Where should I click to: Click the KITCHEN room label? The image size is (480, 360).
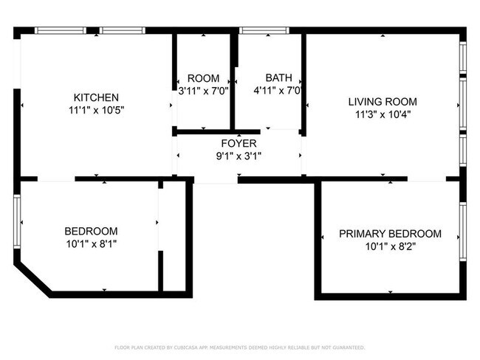[96, 97]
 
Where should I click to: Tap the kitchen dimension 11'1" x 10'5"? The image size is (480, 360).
[96, 110]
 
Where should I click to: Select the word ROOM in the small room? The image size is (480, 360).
[203, 79]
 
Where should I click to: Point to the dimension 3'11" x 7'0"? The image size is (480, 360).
[203, 91]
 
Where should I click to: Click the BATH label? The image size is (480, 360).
[278, 77]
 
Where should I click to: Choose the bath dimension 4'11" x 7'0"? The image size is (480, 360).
[279, 91]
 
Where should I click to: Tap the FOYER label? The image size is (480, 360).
[239, 143]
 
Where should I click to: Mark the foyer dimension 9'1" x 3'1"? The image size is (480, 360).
[239, 156]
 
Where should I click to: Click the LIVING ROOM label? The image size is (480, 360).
[383, 102]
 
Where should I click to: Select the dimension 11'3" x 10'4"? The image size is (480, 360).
[383, 114]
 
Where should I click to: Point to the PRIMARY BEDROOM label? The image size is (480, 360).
[390, 234]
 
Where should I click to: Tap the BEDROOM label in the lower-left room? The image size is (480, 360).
[91, 231]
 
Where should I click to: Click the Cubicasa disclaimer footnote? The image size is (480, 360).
[239, 347]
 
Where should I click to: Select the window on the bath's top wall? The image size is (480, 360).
[264, 31]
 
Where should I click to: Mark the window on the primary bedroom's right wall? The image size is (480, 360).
[462, 232]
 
